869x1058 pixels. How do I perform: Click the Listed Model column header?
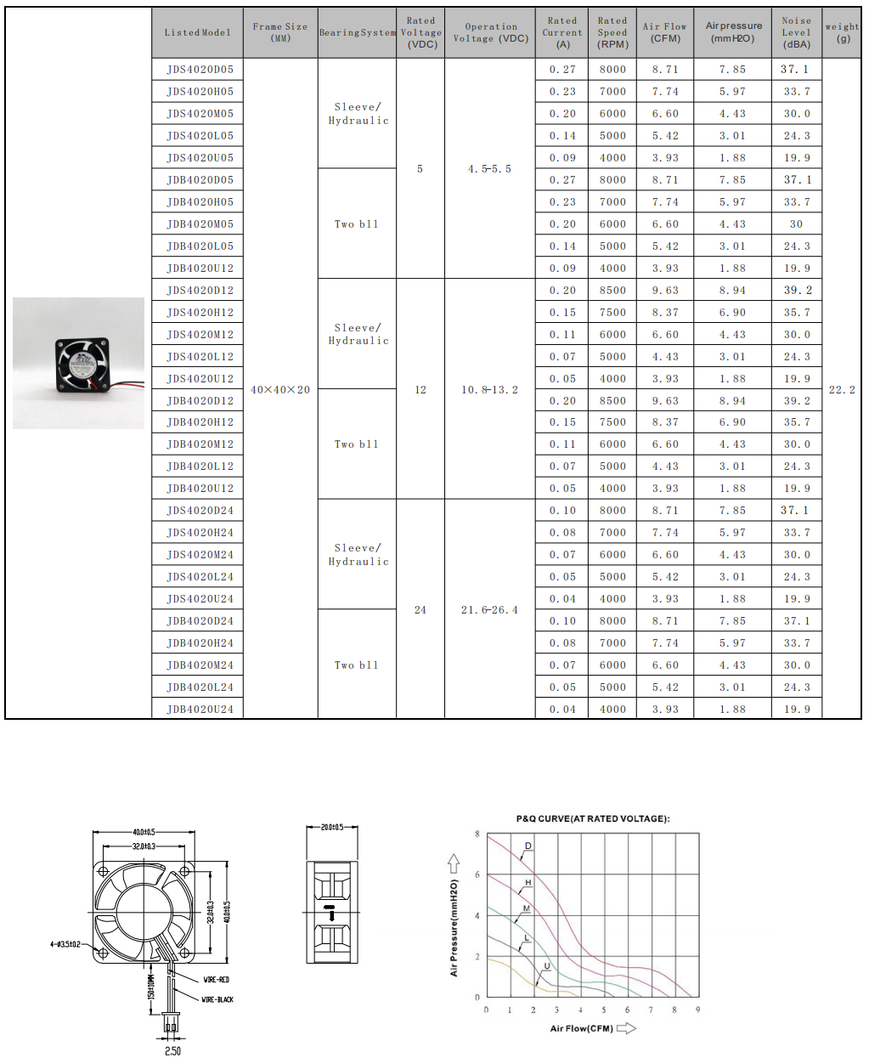(x=198, y=32)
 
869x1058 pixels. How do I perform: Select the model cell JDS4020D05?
(x=200, y=69)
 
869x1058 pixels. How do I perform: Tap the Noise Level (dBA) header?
(x=796, y=32)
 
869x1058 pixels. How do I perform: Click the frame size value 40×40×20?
(x=280, y=390)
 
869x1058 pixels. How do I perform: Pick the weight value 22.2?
(x=842, y=390)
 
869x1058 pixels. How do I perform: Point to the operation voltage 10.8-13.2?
(x=489, y=390)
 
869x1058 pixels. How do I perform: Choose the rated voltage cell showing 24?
(x=420, y=610)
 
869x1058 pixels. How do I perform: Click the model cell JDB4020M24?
(x=200, y=665)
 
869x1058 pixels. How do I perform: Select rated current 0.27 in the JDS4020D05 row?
(x=562, y=69)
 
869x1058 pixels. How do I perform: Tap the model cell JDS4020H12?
(x=200, y=313)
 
